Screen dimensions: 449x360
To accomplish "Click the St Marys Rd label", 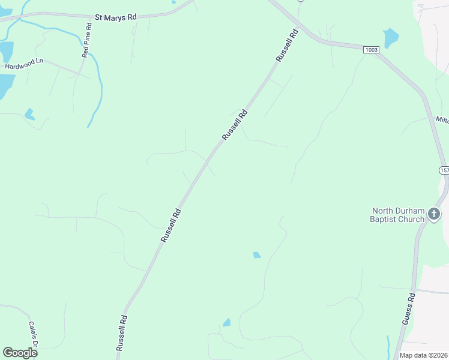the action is pos(116,17).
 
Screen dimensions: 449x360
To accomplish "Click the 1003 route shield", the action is pos(371,50).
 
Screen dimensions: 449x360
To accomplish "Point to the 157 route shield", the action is pos(444,170).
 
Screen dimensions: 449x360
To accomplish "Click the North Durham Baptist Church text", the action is pos(398,214).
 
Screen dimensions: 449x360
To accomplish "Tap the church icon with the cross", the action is pos(434,214).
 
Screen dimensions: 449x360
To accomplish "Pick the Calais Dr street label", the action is pos(33,334).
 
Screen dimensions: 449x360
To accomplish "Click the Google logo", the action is pos(20,353).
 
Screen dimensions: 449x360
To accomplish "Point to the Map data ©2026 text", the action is pos(423,355).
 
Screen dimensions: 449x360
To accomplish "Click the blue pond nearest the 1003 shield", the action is pos(391,38).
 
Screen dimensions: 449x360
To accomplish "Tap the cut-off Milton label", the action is pos(442,120).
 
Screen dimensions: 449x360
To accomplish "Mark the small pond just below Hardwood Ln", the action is pos(29,113).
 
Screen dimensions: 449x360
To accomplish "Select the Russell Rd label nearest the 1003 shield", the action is pos(286,46).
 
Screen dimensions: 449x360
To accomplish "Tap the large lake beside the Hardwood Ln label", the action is pos(4,78).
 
